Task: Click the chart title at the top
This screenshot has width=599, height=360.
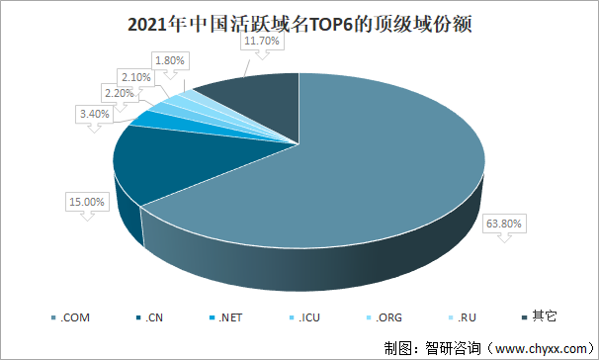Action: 299,25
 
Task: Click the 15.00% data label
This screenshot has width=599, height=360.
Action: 85,202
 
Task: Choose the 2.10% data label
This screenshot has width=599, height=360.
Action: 135,76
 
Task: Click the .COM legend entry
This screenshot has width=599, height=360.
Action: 71,317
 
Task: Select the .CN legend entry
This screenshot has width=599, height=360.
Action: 153,317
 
